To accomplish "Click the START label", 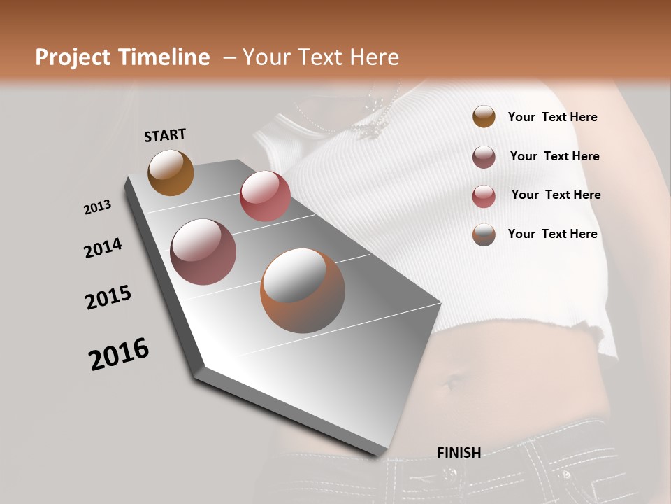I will click(x=165, y=135).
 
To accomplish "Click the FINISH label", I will click(x=459, y=453).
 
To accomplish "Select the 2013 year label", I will click(x=98, y=207).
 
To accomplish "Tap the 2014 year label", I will click(x=103, y=248).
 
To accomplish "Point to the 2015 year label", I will click(x=108, y=297).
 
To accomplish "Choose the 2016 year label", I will click(x=119, y=354).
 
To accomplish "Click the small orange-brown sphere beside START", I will click(x=171, y=172).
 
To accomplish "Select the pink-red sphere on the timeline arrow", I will click(x=265, y=196).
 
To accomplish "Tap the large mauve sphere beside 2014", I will click(x=203, y=252).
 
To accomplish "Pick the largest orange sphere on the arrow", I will click(x=303, y=290).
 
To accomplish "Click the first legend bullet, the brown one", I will click(x=484, y=117).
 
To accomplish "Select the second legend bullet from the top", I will click(x=484, y=157).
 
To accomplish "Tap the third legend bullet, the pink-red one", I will click(x=484, y=196).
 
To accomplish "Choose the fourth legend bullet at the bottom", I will click(x=484, y=234).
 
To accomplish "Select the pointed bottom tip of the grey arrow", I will click(x=381, y=455).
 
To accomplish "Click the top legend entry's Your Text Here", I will click(x=552, y=118).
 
